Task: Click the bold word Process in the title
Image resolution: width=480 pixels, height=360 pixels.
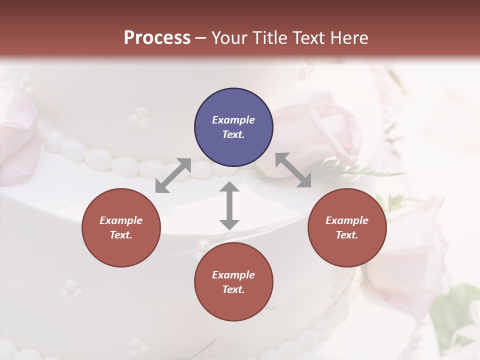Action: coord(157,38)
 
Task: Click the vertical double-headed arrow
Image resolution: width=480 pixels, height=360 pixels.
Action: coord(229,205)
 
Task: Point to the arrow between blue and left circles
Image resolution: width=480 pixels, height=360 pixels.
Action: coord(173,175)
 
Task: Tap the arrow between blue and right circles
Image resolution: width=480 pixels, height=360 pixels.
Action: coord(293,170)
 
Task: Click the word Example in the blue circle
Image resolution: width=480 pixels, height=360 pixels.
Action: coord(233,120)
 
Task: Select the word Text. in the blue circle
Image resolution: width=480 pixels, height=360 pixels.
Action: coord(233,134)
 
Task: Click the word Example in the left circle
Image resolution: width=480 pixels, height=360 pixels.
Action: coord(121,220)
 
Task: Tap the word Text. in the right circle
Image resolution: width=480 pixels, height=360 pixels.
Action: coord(347,235)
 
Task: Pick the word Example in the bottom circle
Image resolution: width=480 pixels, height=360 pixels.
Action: coord(233,275)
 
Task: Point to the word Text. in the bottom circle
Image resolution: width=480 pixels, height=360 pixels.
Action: coord(233,289)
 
